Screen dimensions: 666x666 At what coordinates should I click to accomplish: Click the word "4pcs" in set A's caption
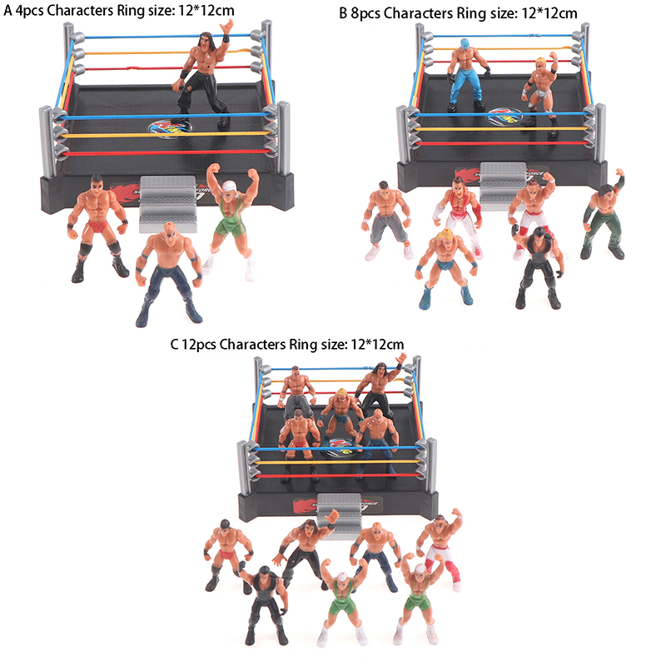(x=29, y=11)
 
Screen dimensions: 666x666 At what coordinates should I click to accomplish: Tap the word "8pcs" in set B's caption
(x=365, y=13)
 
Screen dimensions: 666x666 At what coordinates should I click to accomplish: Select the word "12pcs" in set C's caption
(x=199, y=344)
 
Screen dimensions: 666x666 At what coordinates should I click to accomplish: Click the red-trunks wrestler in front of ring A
(x=98, y=226)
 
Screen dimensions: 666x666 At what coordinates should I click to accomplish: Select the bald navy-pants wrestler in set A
(x=169, y=272)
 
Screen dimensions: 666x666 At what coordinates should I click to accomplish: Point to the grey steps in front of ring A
(x=168, y=204)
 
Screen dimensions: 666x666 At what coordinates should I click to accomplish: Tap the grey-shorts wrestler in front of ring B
(x=386, y=221)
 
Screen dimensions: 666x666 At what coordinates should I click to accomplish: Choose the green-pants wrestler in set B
(x=604, y=216)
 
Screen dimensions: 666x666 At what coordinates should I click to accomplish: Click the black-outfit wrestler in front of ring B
(x=538, y=266)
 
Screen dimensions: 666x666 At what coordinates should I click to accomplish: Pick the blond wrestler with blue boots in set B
(x=446, y=267)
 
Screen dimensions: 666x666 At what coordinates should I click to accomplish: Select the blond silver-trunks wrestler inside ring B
(x=540, y=92)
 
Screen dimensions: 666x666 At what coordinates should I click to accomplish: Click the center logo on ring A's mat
(x=170, y=127)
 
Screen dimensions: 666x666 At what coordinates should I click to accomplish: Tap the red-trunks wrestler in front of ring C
(x=227, y=554)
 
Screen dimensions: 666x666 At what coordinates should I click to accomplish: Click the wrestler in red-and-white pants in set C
(x=440, y=548)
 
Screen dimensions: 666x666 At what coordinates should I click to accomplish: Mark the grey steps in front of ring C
(x=339, y=515)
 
